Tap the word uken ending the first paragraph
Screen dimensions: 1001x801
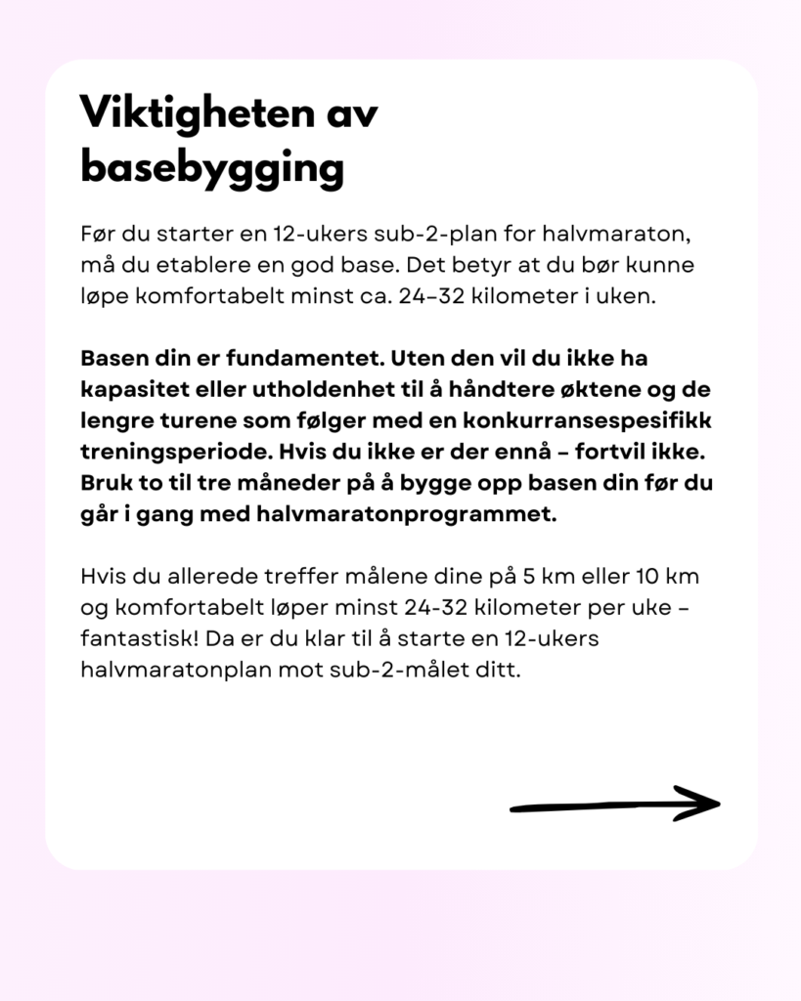(625, 296)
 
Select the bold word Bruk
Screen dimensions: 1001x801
(104, 484)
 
